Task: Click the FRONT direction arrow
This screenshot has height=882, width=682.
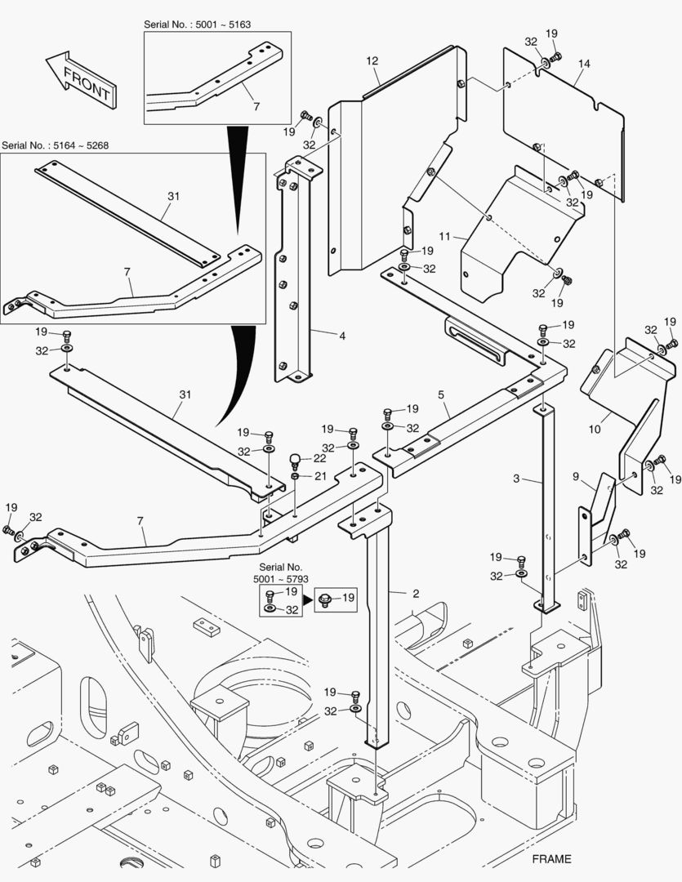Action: click(80, 81)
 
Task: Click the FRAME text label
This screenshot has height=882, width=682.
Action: click(551, 858)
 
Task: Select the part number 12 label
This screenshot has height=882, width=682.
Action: click(372, 60)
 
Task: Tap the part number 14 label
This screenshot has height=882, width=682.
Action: click(583, 63)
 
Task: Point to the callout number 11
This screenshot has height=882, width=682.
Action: click(444, 236)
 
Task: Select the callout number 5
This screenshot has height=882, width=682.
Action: click(441, 394)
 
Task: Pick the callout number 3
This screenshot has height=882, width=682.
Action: click(515, 479)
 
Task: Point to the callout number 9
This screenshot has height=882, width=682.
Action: click(575, 476)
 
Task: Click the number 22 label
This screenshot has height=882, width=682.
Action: click(319, 459)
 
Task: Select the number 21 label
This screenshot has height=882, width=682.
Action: click(319, 476)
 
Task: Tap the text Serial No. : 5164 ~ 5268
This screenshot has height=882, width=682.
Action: click(56, 145)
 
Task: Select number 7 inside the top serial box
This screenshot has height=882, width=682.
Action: click(256, 107)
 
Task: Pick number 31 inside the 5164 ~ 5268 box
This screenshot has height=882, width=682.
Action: click(172, 196)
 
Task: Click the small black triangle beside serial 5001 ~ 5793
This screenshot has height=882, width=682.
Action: click(309, 599)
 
